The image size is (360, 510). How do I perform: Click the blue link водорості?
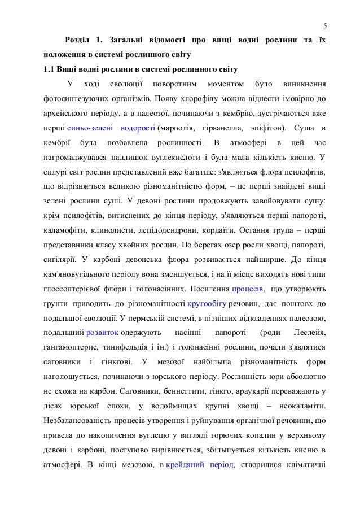138,129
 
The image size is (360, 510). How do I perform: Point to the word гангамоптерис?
72,348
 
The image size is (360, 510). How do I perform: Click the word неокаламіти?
301,406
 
